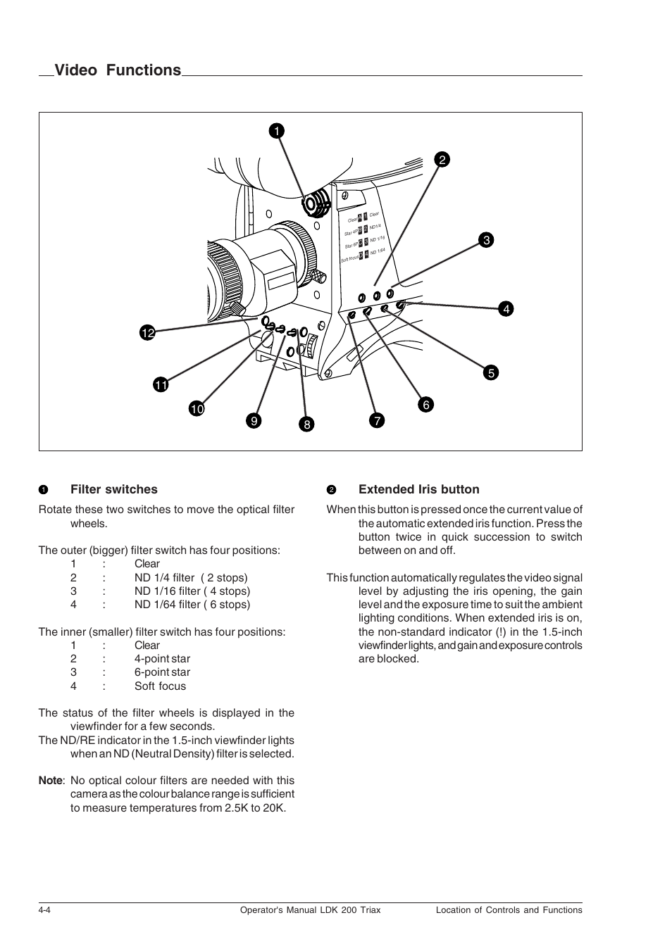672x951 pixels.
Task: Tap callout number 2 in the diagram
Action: pyautogui.click(x=442, y=160)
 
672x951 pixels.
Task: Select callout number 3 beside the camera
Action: pyautogui.click(x=485, y=240)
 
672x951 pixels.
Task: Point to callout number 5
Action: pyautogui.click(x=490, y=373)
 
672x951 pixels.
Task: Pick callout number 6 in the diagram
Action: pyautogui.click(x=425, y=405)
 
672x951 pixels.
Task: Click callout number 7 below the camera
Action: pyautogui.click(x=377, y=421)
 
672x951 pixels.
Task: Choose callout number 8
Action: pyautogui.click(x=306, y=424)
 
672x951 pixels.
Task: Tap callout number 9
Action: pyautogui.click(x=254, y=421)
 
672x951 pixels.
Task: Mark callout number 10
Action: pyautogui.click(x=196, y=408)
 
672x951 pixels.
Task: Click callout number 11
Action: pyautogui.click(x=161, y=384)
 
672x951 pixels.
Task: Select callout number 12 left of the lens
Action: pyautogui.click(x=147, y=333)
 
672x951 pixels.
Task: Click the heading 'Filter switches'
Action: pyautogui.click(x=113, y=489)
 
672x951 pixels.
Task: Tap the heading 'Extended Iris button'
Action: pyautogui.click(x=418, y=489)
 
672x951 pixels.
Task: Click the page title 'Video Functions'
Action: pyautogui.click(x=118, y=70)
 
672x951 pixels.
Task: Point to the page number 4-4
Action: pyautogui.click(x=44, y=909)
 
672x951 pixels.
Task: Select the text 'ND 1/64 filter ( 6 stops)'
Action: pyautogui.click(x=192, y=604)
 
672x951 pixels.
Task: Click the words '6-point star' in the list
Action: pyautogui.click(x=162, y=672)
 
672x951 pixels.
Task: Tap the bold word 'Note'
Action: pyautogui.click(x=50, y=781)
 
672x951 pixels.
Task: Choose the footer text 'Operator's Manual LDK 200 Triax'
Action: pyautogui.click(x=306, y=909)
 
